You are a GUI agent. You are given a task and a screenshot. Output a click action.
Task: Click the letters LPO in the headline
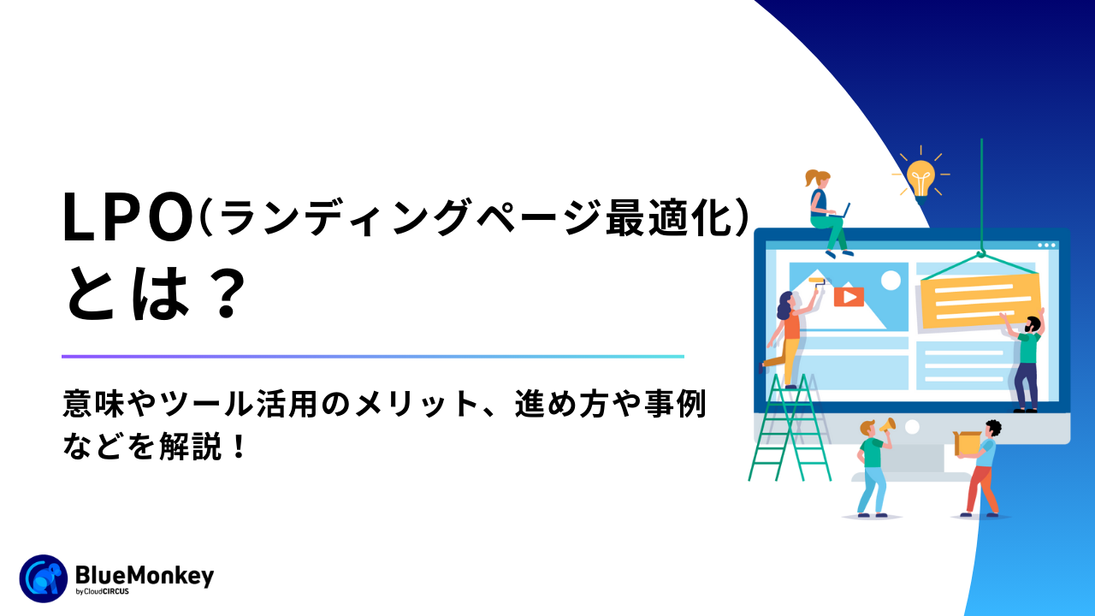pos(128,217)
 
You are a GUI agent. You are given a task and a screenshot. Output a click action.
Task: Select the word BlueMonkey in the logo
pos(145,576)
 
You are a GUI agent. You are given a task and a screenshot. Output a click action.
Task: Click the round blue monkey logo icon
pos(44,578)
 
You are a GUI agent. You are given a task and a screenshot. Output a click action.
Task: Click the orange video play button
pos(849,297)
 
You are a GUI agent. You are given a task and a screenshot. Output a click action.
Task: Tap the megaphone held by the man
pos(888,425)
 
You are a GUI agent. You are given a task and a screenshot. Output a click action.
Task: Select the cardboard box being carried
pos(968,443)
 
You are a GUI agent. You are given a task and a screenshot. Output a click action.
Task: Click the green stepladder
pos(790,428)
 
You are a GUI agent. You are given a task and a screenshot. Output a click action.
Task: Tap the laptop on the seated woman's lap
pos(842,211)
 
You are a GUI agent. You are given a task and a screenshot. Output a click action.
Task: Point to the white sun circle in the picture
pos(891,281)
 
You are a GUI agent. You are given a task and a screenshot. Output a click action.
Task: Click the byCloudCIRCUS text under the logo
pos(102,591)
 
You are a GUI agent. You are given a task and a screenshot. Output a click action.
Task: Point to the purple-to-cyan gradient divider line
pos(372,357)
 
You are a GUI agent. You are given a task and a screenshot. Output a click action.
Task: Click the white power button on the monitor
pos(912,427)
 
